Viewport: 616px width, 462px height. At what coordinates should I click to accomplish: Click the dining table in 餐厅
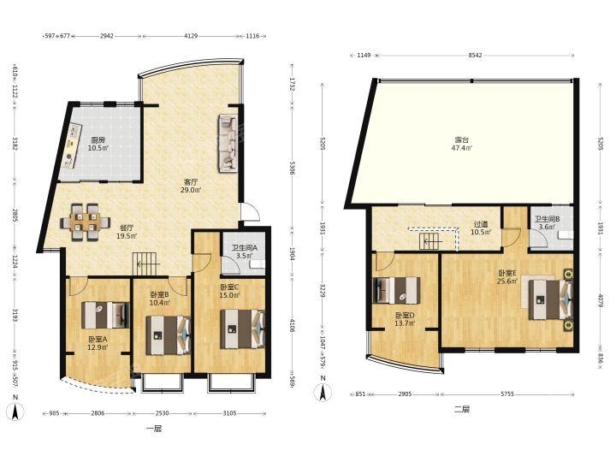[x=86, y=222]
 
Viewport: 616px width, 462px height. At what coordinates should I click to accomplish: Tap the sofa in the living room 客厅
[x=228, y=144]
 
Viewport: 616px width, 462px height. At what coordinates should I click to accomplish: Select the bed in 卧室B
[x=169, y=335]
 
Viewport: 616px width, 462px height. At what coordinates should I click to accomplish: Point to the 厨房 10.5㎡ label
[x=98, y=144]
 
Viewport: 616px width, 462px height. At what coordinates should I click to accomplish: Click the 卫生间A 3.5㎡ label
[x=244, y=252]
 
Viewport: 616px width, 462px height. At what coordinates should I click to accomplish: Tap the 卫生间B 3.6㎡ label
[x=547, y=222]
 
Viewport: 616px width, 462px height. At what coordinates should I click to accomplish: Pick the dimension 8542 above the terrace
[x=475, y=56]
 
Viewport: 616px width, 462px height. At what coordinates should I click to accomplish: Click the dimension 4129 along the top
[x=191, y=36]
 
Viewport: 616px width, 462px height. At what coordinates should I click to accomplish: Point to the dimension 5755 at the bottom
[x=507, y=394]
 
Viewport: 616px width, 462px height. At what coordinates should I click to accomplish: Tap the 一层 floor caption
[x=154, y=429]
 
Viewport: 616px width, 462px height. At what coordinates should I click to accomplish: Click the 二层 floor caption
[x=462, y=409]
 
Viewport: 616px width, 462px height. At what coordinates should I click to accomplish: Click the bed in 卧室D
[x=396, y=291]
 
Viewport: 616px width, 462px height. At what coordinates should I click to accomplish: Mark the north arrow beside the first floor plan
[x=15, y=409]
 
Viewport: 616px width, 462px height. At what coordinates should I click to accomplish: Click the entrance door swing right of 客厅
[x=250, y=212]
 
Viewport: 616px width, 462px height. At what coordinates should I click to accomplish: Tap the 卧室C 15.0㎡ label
[x=230, y=291]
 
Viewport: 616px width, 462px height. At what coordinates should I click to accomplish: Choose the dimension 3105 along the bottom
[x=230, y=413]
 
